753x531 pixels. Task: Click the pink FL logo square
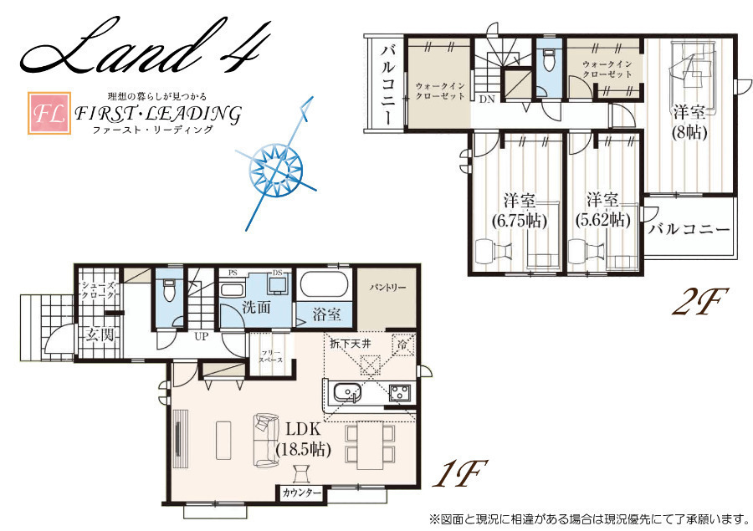pos(49,113)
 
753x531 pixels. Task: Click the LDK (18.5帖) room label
pos(304,439)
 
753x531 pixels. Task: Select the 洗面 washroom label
pos(257,307)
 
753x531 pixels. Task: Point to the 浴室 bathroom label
pos(326,314)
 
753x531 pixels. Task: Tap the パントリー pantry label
pos(387,288)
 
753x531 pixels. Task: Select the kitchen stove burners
pos(400,393)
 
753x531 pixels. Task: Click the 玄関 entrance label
pos(100,334)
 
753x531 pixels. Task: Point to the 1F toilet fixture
pos(168,290)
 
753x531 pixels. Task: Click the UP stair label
pos(202,336)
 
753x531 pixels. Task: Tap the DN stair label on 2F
pos(487,100)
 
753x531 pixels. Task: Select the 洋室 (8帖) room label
pos(689,122)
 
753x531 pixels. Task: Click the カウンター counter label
pos(301,493)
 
